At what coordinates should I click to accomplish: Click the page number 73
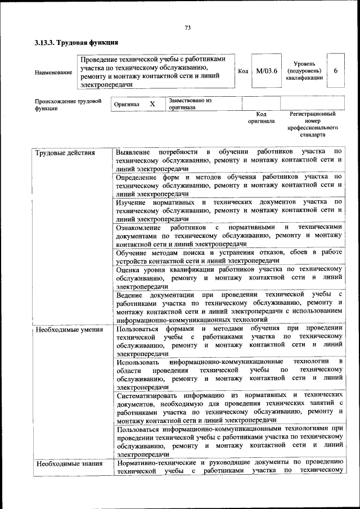(188, 28)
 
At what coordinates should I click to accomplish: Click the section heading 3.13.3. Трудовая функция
(76, 43)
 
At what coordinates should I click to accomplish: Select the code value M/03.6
(267, 71)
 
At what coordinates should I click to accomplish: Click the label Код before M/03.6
(243, 71)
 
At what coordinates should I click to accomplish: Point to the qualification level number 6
(336, 71)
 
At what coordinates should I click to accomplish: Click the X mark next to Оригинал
(152, 104)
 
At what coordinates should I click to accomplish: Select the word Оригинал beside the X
(127, 105)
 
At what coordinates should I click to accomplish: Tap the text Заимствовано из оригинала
(190, 103)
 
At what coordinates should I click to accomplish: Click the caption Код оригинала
(261, 117)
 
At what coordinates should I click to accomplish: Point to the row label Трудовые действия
(65, 153)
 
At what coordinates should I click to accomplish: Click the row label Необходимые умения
(69, 329)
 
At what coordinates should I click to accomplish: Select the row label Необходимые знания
(69, 464)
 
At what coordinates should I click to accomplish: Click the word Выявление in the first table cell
(133, 152)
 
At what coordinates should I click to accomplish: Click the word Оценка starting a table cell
(128, 269)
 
